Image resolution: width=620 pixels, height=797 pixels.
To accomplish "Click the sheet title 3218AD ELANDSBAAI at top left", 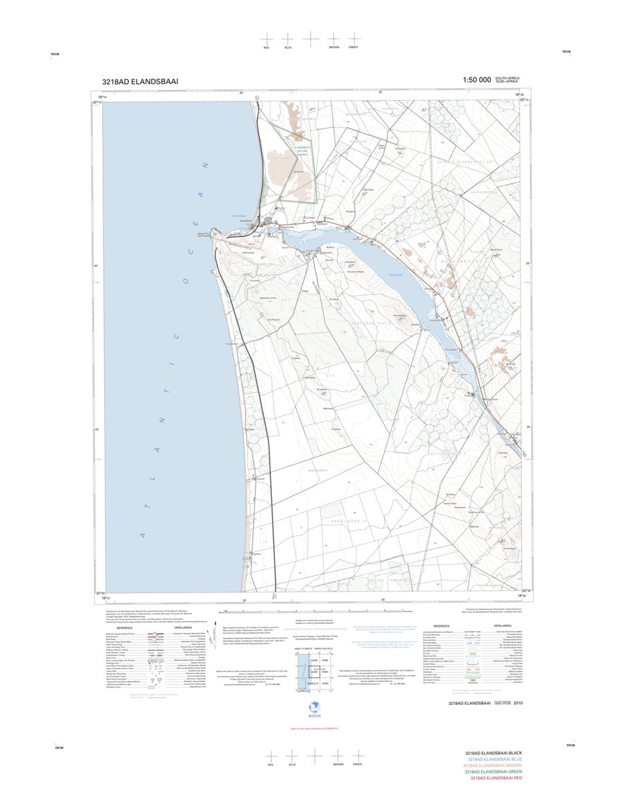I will click(x=140, y=81).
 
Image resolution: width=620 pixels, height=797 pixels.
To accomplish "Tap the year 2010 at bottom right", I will click(x=519, y=703).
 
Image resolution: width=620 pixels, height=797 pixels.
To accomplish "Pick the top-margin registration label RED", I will click(x=266, y=48).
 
